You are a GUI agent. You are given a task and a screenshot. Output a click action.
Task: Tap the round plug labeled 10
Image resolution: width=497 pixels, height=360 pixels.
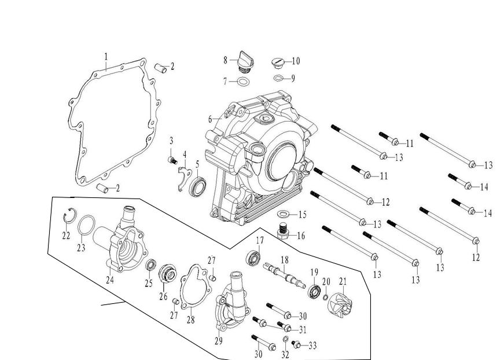(x=278, y=62)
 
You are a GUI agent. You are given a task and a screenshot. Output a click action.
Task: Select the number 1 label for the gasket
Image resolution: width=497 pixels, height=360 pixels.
(x=106, y=57)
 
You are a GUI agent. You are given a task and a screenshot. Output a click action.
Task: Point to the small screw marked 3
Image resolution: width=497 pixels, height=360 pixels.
(x=172, y=159)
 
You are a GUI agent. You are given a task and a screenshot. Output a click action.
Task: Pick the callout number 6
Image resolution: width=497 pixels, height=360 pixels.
(x=211, y=119)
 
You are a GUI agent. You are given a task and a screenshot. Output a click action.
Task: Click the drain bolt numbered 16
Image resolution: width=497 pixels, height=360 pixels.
(x=284, y=232)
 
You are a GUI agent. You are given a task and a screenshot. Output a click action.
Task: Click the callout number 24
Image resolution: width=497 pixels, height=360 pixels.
(x=109, y=280)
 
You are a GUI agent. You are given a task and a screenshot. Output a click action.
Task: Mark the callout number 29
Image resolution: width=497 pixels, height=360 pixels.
(x=218, y=341)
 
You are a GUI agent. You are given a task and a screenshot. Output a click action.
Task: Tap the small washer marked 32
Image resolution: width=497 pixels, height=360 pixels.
(x=286, y=339)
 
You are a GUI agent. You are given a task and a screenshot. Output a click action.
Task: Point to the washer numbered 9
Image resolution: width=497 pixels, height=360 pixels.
(x=278, y=78)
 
